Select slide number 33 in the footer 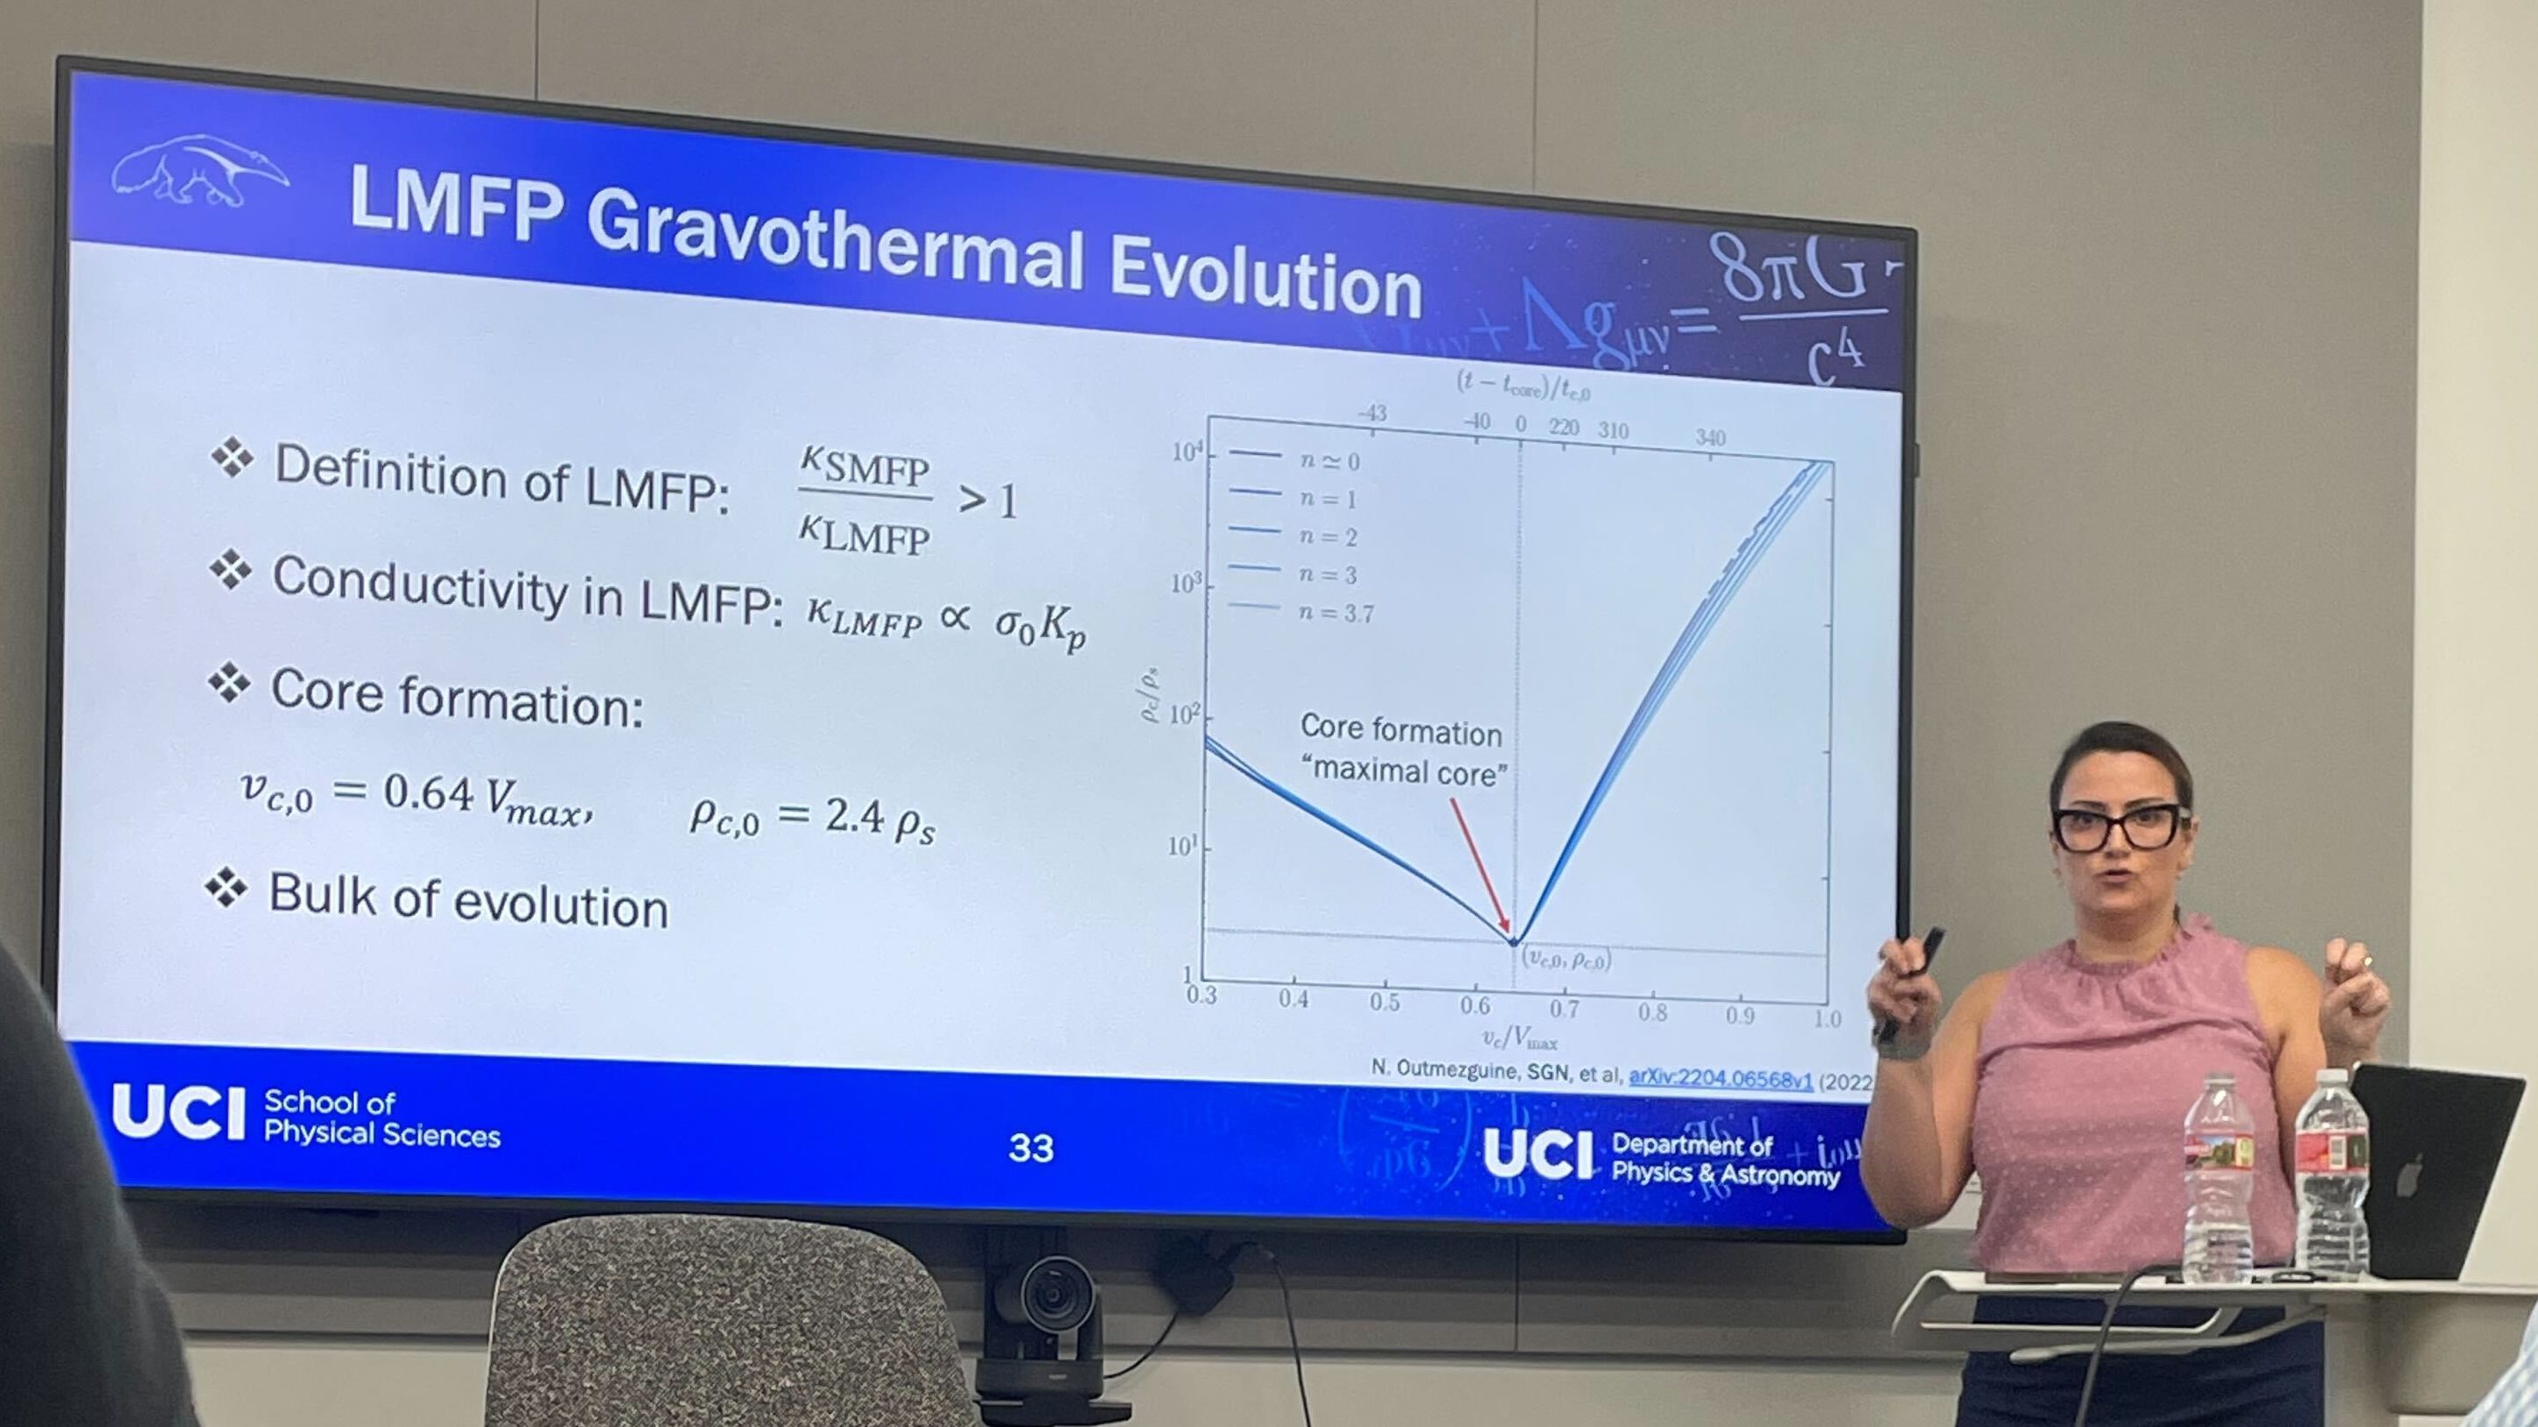point(1030,1147)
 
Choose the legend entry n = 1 point(1327,500)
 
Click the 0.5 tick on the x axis point(1384,1003)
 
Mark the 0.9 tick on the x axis point(1740,1015)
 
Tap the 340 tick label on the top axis point(1710,437)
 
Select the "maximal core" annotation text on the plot point(1406,771)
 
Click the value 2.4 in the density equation point(853,815)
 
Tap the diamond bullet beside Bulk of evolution point(226,888)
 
